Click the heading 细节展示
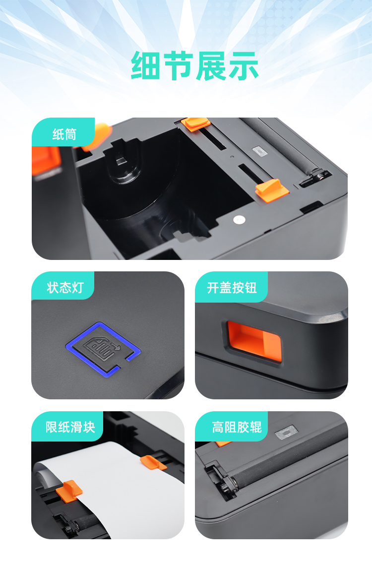tap(194, 65)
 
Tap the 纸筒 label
tap(64, 134)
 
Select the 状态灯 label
tap(65, 288)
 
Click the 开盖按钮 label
tap(232, 288)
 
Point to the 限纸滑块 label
tap(70, 427)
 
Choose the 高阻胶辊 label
tap(237, 427)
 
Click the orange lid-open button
tap(254, 341)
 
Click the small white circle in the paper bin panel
tap(239, 220)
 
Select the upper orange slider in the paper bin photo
tap(195, 124)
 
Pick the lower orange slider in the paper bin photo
tap(271, 190)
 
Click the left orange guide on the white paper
tap(69, 491)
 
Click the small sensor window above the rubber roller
tap(287, 432)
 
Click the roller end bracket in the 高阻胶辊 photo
tap(221, 480)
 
